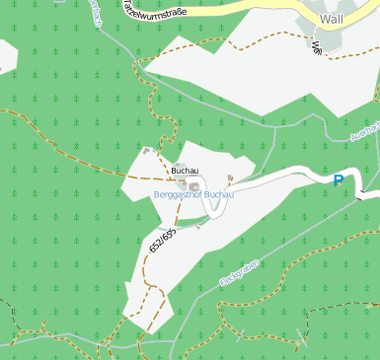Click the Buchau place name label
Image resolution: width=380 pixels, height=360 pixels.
[185, 171]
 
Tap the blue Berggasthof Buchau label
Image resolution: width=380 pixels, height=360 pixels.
[193, 195]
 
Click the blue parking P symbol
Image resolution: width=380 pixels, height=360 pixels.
[339, 180]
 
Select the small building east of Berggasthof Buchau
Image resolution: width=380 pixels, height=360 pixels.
[230, 179]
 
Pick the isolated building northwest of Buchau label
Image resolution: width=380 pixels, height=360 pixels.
[146, 151]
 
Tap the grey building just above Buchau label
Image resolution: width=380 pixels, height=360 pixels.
[180, 164]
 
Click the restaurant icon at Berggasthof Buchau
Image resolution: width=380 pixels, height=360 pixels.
[195, 185]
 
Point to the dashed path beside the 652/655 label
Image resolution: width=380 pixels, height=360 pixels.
[150, 247]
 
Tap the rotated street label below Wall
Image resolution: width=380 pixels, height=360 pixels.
[317, 45]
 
